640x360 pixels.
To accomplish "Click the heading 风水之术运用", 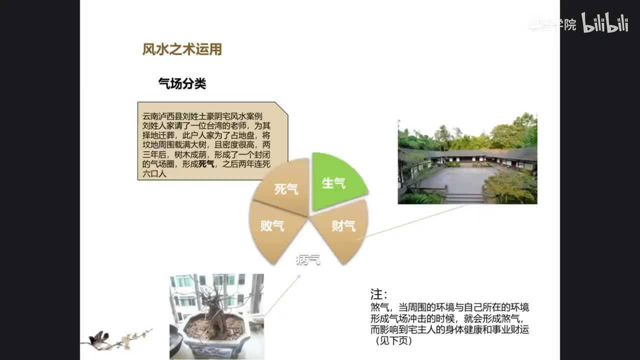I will coord(182,49).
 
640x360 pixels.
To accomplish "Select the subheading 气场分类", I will coord(182,83).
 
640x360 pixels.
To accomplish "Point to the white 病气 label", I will coord(308,259).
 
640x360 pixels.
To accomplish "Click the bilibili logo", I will coord(604,23).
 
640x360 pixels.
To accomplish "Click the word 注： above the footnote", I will coord(378,294).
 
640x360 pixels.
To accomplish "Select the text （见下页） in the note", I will coord(392,340).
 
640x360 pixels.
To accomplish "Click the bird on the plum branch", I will coord(98,338).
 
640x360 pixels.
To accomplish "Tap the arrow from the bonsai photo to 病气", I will coord(283,294).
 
